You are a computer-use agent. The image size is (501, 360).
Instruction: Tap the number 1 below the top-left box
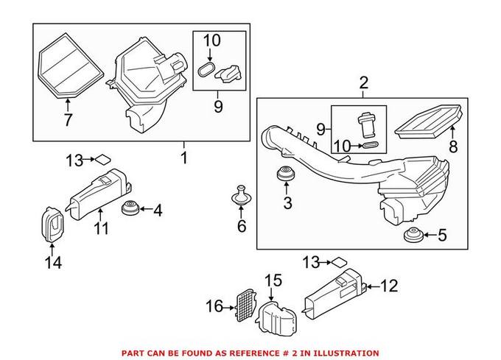pos(184,157)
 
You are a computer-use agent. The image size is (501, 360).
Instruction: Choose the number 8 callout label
pos(453,147)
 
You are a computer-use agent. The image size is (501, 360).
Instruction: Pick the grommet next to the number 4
pos(131,209)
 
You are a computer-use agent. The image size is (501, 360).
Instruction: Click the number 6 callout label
pos(241,226)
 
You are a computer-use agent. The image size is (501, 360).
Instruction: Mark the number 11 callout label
pos(101,228)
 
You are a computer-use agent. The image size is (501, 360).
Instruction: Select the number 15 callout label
pos(273,280)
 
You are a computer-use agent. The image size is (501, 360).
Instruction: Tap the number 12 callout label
pos(388,284)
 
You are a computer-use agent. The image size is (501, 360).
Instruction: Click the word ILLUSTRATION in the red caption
pos(348,353)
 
